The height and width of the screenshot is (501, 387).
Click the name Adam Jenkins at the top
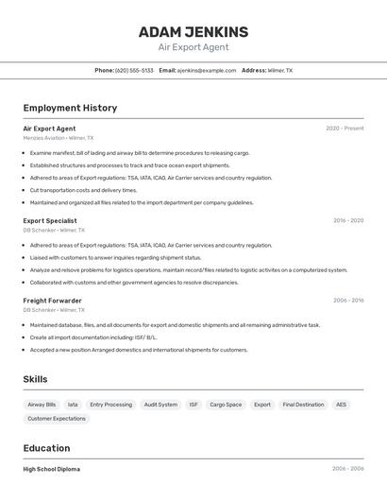coord(193,32)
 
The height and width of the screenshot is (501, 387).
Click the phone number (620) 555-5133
coord(134,70)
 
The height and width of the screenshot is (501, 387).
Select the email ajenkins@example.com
coord(207,70)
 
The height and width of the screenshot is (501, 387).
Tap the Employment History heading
coord(70,108)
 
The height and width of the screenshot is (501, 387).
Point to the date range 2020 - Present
coord(345,129)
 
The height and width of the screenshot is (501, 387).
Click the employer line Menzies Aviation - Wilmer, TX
coord(58,138)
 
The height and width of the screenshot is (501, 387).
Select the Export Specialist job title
coord(50,220)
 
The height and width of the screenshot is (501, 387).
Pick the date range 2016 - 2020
coord(347,220)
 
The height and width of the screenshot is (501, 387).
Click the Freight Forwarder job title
coord(52,300)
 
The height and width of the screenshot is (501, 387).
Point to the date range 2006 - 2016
coord(347,300)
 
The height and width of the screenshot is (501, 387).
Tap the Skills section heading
coord(36,379)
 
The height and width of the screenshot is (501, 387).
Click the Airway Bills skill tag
coord(42,405)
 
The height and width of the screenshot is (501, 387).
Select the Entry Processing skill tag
coord(110,405)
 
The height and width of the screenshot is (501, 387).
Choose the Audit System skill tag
coord(160,405)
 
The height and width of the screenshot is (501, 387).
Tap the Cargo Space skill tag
coord(226,405)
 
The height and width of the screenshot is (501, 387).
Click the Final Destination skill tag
coord(303,405)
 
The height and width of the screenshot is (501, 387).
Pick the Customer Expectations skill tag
coord(57,418)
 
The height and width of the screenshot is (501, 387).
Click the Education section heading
coord(46,448)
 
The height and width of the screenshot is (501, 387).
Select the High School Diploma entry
coord(52,469)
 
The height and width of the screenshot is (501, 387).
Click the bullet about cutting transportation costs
coord(83,190)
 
